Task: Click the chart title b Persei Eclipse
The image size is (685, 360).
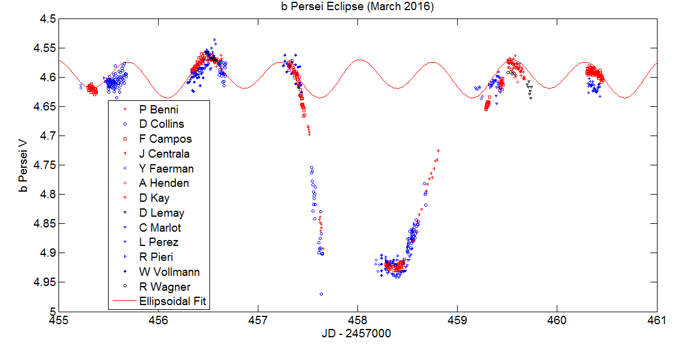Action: click(x=357, y=7)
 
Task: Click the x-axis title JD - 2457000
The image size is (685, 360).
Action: click(x=357, y=334)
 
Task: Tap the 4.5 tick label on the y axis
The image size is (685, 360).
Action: click(x=48, y=19)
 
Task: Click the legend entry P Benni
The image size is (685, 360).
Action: click(x=159, y=109)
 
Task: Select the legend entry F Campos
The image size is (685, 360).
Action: click(x=165, y=139)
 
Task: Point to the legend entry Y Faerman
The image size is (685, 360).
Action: click(x=166, y=168)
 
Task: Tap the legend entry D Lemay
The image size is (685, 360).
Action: click(x=162, y=213)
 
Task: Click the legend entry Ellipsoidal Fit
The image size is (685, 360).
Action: click(x=172, y=301)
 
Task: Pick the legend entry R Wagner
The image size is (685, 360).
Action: click(x=164, y=287)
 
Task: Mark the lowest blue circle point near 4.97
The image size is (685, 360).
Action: click(x=321, y=294)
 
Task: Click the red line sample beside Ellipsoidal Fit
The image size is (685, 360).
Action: click(x=124, y=301)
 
